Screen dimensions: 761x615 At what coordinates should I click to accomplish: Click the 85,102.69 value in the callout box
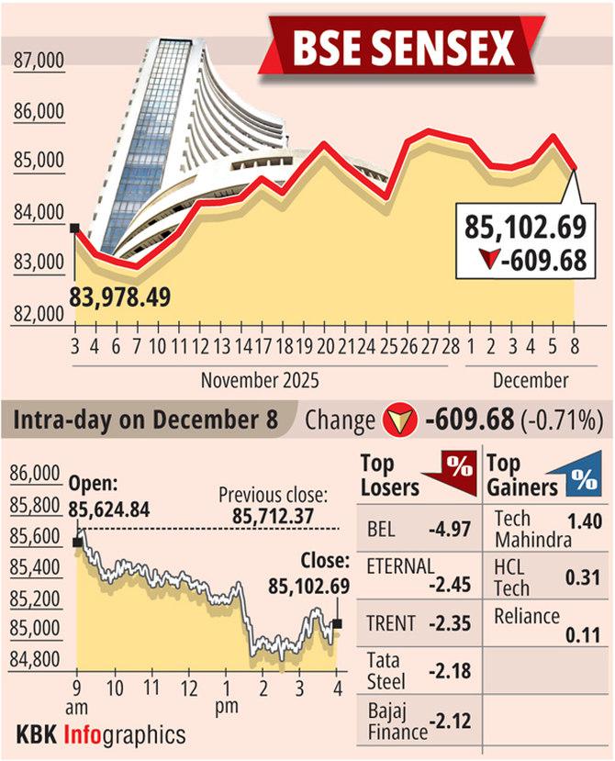525,227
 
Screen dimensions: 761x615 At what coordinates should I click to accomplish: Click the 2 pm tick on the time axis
263,688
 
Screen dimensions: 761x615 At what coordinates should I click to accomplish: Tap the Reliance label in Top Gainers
525,614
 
